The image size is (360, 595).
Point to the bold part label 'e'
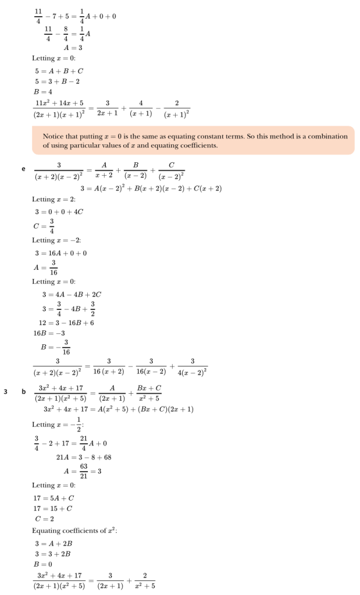pos(23,169)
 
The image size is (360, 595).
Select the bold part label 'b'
pos(24,391)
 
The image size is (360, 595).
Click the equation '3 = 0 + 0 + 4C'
pos(59,211)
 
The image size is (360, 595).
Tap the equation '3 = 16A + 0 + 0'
pos(60,253)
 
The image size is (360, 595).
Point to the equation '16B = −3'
pos(49,333)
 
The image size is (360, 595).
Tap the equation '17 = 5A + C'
pos(54,498)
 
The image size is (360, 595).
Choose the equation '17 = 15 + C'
pos(54,508)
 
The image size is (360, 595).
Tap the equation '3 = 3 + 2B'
pos(54,554)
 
